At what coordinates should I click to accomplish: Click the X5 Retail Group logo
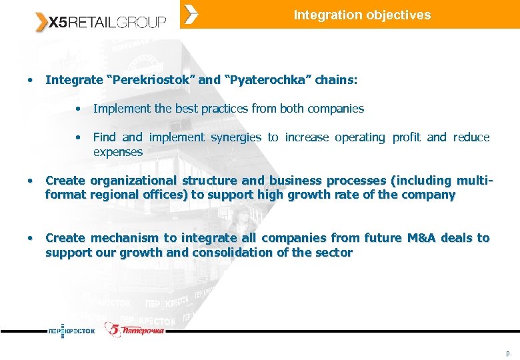pyautogui.click(x=101, y=22)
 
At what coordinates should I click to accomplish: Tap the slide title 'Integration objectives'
pyautogui.click(x=362, y=15)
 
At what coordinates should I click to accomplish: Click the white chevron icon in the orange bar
pyautogui.click(x=191, y=14)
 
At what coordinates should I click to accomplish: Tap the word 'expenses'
pyautogui.click(x=118, y=152)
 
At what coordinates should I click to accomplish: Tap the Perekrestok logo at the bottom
pyautogui.click(x=71, y=330)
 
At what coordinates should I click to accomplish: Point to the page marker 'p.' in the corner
pyautogui.click(x=509, y=352)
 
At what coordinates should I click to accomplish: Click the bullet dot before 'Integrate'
pyautogui.click(x=30, y=80)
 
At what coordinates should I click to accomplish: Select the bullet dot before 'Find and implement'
pyautogui.click(x=79, y=137)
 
